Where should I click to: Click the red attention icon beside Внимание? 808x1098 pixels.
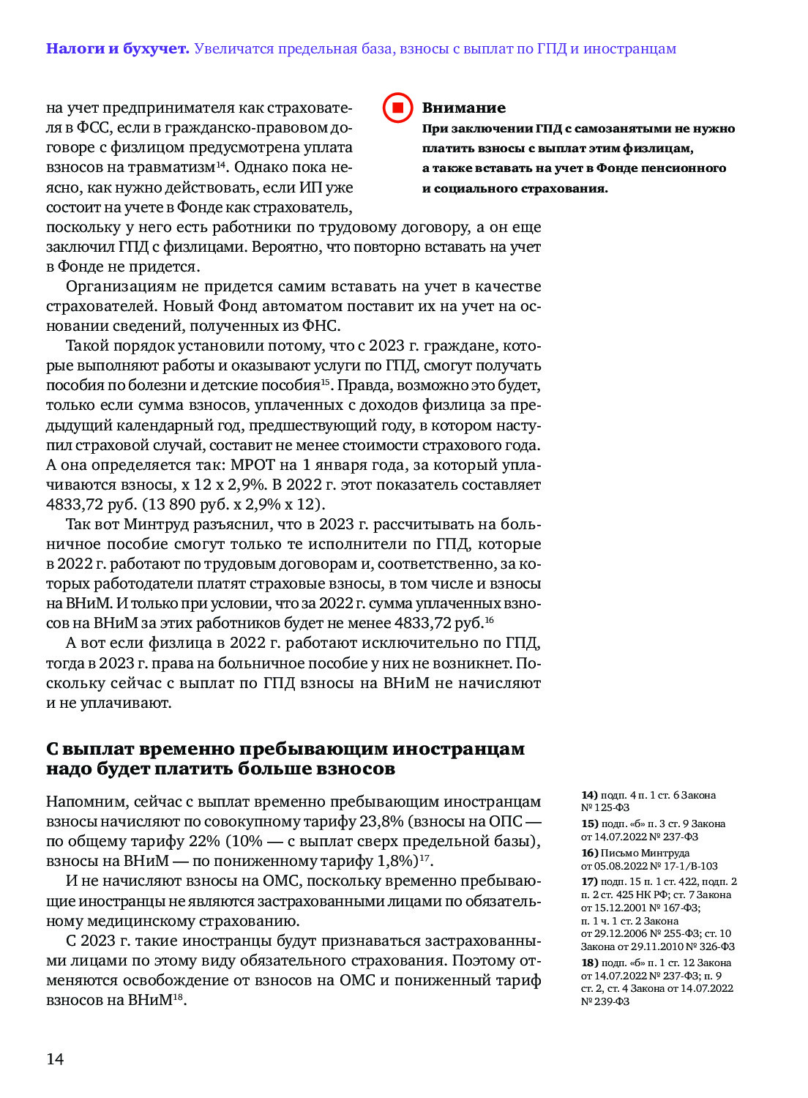(398, 108)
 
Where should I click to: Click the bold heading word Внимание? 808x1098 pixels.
(463, 108)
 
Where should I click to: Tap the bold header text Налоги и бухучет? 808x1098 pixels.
(117, 49)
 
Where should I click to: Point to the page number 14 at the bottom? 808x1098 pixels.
(55, 1059)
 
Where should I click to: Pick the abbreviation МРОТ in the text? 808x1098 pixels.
(252, 465)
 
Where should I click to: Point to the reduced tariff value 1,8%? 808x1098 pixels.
(396, 861)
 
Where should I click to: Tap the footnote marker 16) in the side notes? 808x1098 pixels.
(589, 853)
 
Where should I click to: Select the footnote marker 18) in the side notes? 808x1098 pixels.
(589, 963)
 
